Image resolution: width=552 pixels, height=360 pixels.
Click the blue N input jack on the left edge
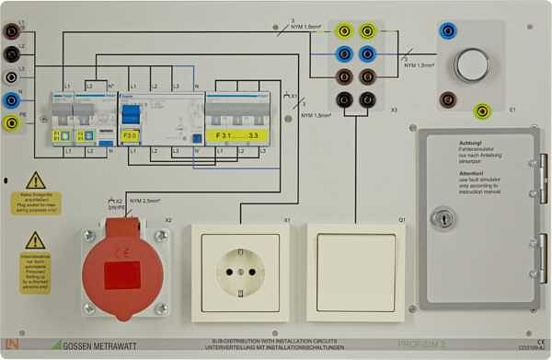click(x=11, y=100)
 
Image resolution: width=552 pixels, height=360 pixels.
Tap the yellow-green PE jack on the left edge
click(x=11, y=122)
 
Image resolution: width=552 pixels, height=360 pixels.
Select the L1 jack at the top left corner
click(x=11, y=31)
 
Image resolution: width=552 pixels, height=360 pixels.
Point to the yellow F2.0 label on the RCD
click(x=131, y=135)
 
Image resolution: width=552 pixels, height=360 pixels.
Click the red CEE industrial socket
click(x=123, y=273)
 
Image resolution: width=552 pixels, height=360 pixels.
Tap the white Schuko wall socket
click(x=239, y=273)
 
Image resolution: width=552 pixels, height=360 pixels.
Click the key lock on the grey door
click(x=442, y=217)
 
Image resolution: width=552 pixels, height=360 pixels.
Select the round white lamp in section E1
click(x=473, y=64)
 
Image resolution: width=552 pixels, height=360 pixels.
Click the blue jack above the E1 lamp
click(x=448, y=30)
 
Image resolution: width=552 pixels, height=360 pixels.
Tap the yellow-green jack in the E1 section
click(x=482, y=111)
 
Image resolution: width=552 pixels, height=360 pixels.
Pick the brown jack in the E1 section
click(x=448, y=99)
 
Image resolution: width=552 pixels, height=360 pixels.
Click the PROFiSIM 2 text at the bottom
click(x=424, y=343)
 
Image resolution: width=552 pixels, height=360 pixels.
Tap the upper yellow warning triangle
click(x=35, y=180)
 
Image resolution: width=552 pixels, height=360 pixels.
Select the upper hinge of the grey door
click(x=543, y=166)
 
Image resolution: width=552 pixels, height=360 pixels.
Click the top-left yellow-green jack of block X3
click(x=343, y=30)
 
